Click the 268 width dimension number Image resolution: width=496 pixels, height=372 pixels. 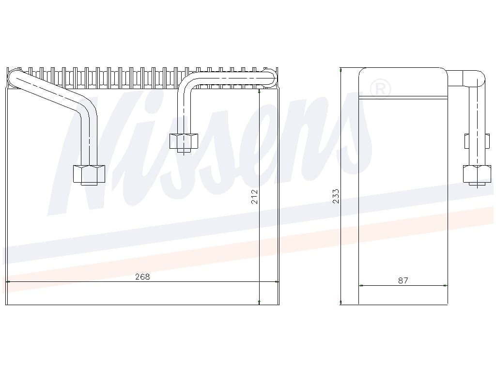point(142,277)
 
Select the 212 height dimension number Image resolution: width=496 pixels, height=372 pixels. point(255,196)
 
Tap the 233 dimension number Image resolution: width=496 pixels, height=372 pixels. point(336,196)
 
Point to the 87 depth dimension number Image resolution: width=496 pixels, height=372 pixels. point(403,280)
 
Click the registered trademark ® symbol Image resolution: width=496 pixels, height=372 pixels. point(380,88)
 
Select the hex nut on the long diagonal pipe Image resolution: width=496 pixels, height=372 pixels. point(89,173)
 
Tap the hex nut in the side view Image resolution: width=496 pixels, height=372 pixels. point(477,173)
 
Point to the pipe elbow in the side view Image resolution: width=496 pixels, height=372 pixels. point(475,78)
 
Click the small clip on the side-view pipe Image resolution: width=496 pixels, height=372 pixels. point(466,141)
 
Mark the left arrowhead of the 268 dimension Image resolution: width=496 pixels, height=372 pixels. point(9,281)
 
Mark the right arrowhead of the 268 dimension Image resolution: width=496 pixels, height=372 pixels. point(277,281)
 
